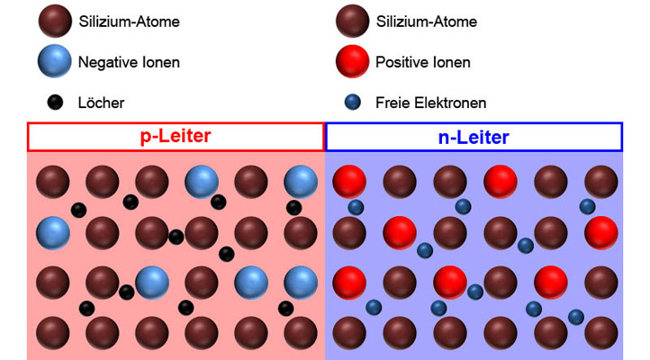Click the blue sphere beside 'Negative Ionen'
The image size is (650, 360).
(55, 62)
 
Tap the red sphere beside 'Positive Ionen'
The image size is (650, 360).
(352, 62)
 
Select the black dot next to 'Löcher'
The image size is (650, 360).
(55, 102)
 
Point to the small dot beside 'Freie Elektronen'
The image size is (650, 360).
(352, 102)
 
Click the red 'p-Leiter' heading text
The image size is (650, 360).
(175, 138)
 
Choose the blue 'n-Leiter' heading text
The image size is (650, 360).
(474, 138)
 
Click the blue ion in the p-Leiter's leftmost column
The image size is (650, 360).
(52, 233)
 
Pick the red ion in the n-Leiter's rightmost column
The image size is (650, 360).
(600, 233)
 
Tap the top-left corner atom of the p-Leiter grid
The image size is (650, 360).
(52, 182)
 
